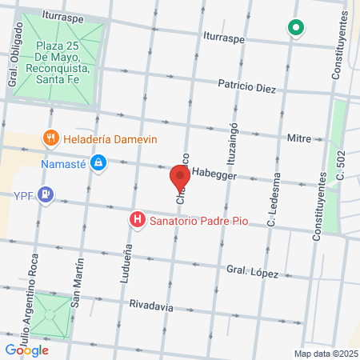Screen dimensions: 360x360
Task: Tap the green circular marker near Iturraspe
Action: (x=296, y=30)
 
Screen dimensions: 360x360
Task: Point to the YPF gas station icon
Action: (x=46, y=194)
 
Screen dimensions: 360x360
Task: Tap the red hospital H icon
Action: (x=138, y=218)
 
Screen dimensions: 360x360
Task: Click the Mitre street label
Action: (x=298, y=138)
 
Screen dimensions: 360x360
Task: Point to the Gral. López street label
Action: (x=252, y=272)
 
